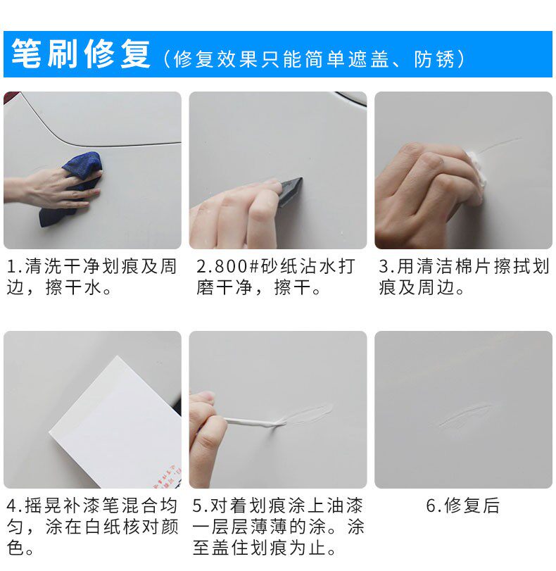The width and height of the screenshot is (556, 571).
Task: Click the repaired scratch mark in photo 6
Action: (x=467, y=415)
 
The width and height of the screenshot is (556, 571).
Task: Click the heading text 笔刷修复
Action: (x=81, y=54)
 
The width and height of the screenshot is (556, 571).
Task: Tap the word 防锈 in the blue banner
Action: (x=435, y=59)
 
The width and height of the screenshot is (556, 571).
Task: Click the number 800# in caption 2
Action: (x=233, y=267)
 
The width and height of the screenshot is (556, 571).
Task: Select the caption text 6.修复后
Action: (x=463, y=506)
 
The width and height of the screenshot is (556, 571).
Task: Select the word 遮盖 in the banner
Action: (x=369, y=59)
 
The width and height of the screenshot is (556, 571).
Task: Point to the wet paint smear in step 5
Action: (x=308, y=415)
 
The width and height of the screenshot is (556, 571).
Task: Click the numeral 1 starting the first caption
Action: (x=11, y=267)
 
